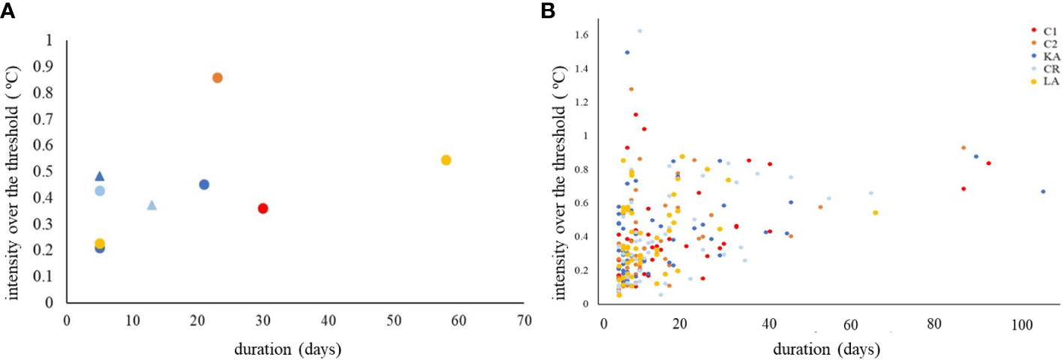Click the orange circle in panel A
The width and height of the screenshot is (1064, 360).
click(x=218, y=78)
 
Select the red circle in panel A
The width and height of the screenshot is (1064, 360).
click(x=263, y=208)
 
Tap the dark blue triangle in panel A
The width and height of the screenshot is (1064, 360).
click(x=100, y=176)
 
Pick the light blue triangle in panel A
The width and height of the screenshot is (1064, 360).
click(x=152, y=205)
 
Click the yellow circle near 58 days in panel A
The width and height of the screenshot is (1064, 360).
click(x=446, y=160)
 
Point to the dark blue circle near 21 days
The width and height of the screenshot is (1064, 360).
click(x=204, y=184)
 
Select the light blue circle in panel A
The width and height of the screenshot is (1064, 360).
click(x=100, y=190)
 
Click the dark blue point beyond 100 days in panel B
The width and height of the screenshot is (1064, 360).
click(x=1043, y=192)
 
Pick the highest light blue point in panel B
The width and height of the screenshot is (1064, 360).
click(x=639, y=31)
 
